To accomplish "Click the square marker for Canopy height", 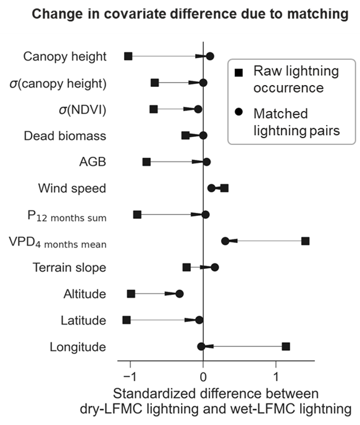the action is point(128,56).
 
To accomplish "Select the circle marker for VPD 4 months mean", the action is point(225,241).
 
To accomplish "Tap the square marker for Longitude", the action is point(286,347).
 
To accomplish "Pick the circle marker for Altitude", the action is point(180,294).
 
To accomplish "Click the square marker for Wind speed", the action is point(224,188).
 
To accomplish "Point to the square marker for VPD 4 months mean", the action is point(306,241).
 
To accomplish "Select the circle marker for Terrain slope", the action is point(215,268).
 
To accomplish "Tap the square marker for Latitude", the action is point(127,320).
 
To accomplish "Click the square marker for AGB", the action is point(146,162).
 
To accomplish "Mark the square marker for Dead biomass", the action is point(185,136).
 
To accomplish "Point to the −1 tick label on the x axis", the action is point(130,378).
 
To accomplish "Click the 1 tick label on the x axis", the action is point(276,378).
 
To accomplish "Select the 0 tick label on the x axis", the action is point(203,378).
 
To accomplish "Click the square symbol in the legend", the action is point(239,73).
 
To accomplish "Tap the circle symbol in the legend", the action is point(239,112).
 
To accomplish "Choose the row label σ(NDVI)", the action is point(83,110).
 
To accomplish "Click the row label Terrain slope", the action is point(69,268).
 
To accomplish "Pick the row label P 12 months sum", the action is point(67,216).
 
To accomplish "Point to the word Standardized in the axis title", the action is point(154,394).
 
